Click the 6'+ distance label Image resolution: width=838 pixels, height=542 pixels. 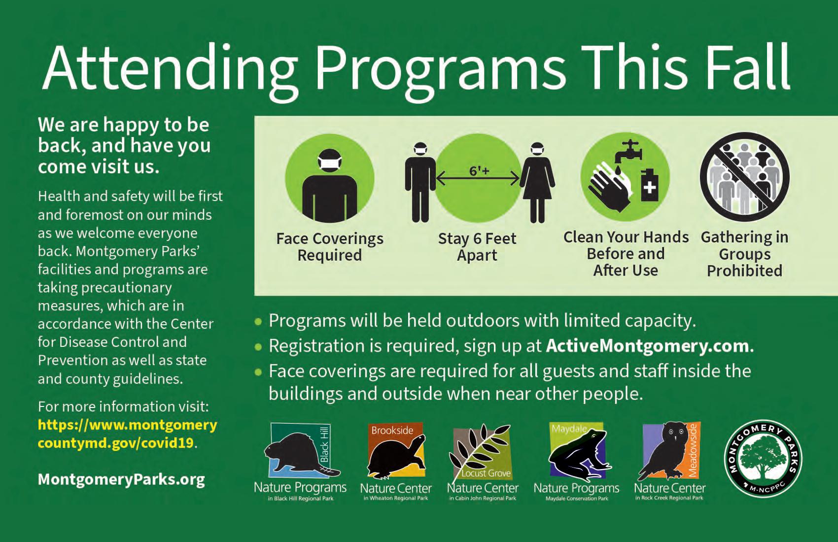[x=479, y=171]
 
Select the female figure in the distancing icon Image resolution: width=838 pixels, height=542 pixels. [x=537, y=182]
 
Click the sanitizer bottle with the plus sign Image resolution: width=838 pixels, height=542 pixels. [x=650, y=184]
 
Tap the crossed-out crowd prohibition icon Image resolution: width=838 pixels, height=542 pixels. [x=744, y=177]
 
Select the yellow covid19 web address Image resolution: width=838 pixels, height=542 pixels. [x=128, y=434]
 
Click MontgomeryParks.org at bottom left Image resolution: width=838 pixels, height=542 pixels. [x=122, y=479]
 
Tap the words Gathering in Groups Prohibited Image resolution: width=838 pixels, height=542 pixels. [x=744, y=254]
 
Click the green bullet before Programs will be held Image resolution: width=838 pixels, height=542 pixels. [x=258, y=321]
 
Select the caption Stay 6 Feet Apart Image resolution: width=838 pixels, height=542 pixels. [x=477, y=247]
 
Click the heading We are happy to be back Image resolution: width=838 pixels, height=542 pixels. [x=124, y=145]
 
